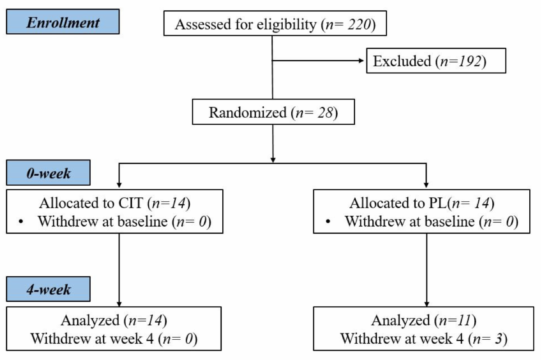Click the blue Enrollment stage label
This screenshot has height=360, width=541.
pos(62,22)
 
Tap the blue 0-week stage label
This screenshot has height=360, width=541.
pos(48,173)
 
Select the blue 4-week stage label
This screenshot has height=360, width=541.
pos(48,288)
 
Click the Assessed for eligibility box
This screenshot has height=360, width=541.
pos(275,24)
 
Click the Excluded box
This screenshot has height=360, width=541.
pos(436,61)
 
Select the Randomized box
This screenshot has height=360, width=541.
pos(273,112)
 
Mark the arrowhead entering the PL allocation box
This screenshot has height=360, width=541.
pos(426,185)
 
